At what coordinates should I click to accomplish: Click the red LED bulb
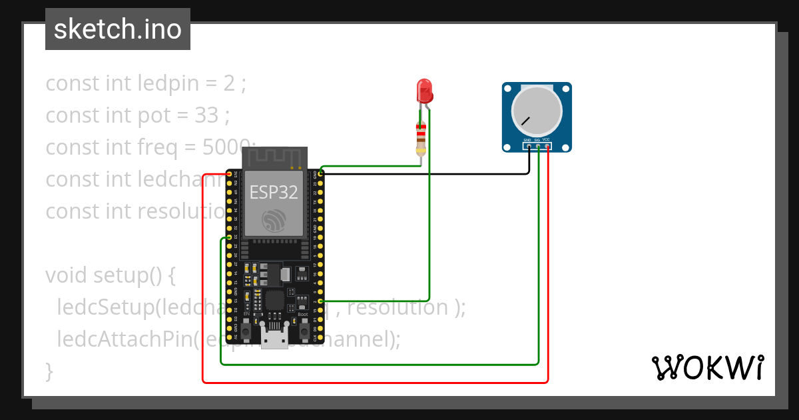[423, 90]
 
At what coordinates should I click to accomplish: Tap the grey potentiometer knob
[536, 113]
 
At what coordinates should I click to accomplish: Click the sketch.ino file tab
[118, 29]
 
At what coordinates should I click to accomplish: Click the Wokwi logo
[707, 368]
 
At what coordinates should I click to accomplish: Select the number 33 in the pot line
[207, 115]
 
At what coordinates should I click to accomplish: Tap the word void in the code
[67, 275]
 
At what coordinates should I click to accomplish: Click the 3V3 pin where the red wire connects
[230, 174]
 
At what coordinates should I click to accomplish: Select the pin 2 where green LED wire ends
[321, 301]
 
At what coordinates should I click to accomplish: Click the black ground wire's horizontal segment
[426, 174]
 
